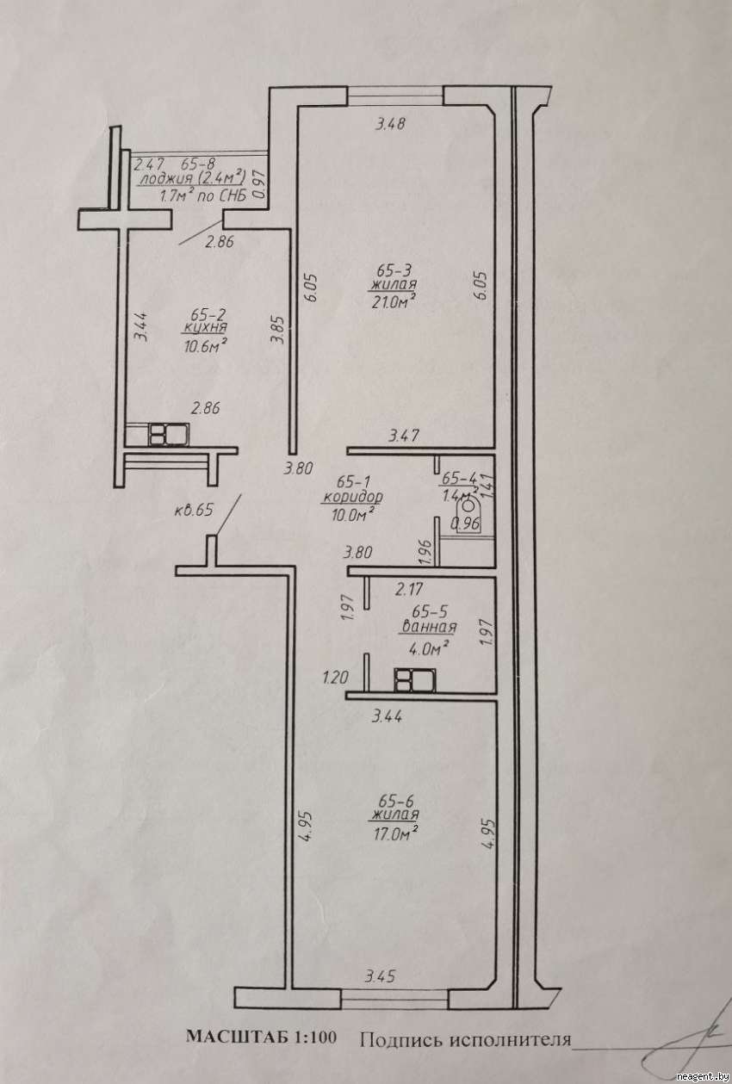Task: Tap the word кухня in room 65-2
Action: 205,329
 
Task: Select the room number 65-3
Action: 395,269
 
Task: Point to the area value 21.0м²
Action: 395,300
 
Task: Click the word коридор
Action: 352,498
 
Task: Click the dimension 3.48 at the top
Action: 389,124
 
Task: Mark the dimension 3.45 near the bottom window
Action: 380,976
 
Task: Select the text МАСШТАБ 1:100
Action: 264,1038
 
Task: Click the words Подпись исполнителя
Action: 465,1039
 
